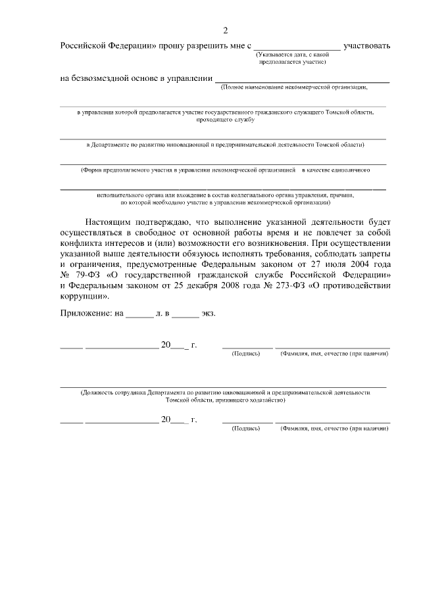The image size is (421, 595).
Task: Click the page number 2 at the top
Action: (x=225, y=30)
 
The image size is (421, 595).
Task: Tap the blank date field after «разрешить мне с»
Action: (x=297, y=46)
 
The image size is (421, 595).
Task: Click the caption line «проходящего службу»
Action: (x=226, y=120)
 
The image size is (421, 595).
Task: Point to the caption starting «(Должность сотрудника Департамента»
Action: (x=225, y=392)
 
